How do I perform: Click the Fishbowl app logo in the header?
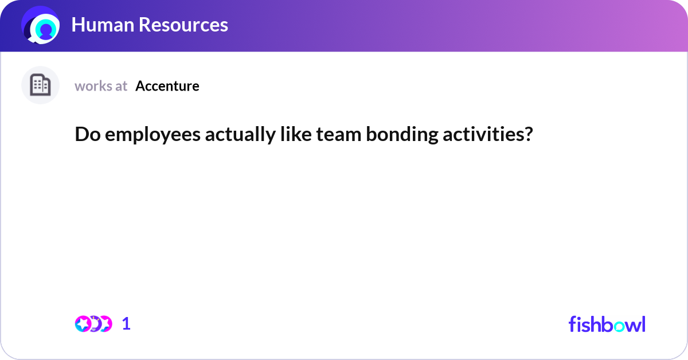[x=41, y=26]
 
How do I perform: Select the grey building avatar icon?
[x=40, y=85]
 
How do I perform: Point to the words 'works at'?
[x=101, y=86]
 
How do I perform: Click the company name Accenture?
[x=167, y=86]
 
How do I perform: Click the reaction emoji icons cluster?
[x=93, y=323]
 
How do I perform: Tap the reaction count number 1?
[x=126, y=323]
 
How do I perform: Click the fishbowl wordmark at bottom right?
[x=607, y=324]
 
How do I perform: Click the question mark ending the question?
[x=528, y=135]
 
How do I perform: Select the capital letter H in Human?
[x=79, y=25]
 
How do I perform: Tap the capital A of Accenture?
[x=140, y=86]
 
